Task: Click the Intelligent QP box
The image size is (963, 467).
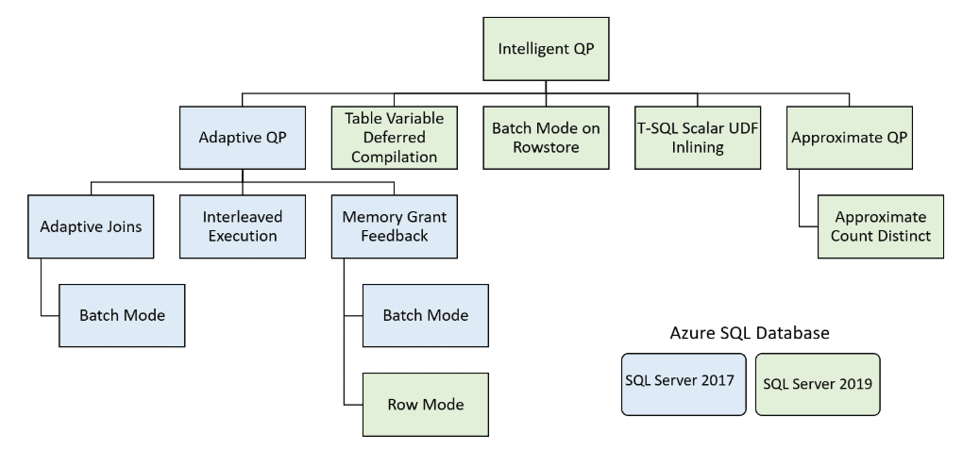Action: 546,49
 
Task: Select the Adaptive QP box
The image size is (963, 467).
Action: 243,138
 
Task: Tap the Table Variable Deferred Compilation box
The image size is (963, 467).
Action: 395,138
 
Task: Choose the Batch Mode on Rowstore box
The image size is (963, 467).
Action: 546,138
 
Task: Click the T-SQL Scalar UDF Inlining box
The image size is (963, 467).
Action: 698,138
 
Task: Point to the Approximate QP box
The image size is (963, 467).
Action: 850,138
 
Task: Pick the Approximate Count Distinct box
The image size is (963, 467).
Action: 881,226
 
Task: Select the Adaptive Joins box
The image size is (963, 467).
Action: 91,226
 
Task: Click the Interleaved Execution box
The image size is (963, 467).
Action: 243,226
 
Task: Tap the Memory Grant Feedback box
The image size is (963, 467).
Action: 395,226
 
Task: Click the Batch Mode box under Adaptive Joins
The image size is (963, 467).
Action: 122,315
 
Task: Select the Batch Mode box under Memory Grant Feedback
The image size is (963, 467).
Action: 426,315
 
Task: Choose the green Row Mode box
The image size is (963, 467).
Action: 426,405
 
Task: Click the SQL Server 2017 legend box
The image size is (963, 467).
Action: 684,384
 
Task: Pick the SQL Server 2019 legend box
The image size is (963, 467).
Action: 818,384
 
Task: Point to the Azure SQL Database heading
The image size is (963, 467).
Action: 750,333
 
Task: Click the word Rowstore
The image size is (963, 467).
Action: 546,147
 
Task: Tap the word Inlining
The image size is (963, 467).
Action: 698,147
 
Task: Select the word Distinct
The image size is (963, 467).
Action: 904,236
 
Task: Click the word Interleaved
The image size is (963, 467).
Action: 243,217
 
